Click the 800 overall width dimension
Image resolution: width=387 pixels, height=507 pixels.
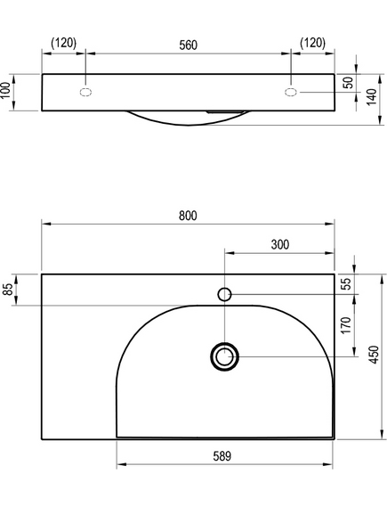pyautogui.click(x=188, y=216)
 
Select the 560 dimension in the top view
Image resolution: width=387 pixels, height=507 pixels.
pyautogui.click(x=189, y=45)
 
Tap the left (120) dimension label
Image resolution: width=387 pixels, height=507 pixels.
pyautogui.click(x=63, y=43)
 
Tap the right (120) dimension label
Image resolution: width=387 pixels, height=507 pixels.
pyautogui.click(x=313, y=43)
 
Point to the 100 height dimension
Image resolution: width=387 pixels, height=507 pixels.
pyautogui.click(x=5, y=92)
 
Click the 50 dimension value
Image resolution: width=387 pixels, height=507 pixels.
pyautogui.click(x=348, y=83)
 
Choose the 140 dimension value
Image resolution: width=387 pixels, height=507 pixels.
pyautogui.click(x=372, y=97)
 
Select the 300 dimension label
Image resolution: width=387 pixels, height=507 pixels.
pyautogui.click(x=280, y=245)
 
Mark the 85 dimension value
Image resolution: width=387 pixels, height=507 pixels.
pyautogui.click(x=8, y=290)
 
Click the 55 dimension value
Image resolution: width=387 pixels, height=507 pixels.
pyautogui.click(x=346, y=284)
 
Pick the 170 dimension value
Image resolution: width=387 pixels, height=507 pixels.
pyautogui.click(x=346, y=325)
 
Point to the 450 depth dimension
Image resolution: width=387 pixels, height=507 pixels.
pyautogui.click(x=374, y=355)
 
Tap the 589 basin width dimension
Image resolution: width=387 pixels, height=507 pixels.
pyautogui.click(x=222, y=456)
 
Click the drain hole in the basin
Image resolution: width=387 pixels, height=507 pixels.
pyautogui.click(x=224, y=356)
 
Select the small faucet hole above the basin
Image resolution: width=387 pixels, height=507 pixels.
pyautogui.click(x=224, y=294)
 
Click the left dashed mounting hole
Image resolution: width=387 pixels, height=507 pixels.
pyautogui.click(x=85, y=92)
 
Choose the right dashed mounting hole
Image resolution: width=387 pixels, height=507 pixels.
pyautogui.click(x=291, y=92)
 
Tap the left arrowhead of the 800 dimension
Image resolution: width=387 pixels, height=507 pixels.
pyautogui.click(x=46, y=224)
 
